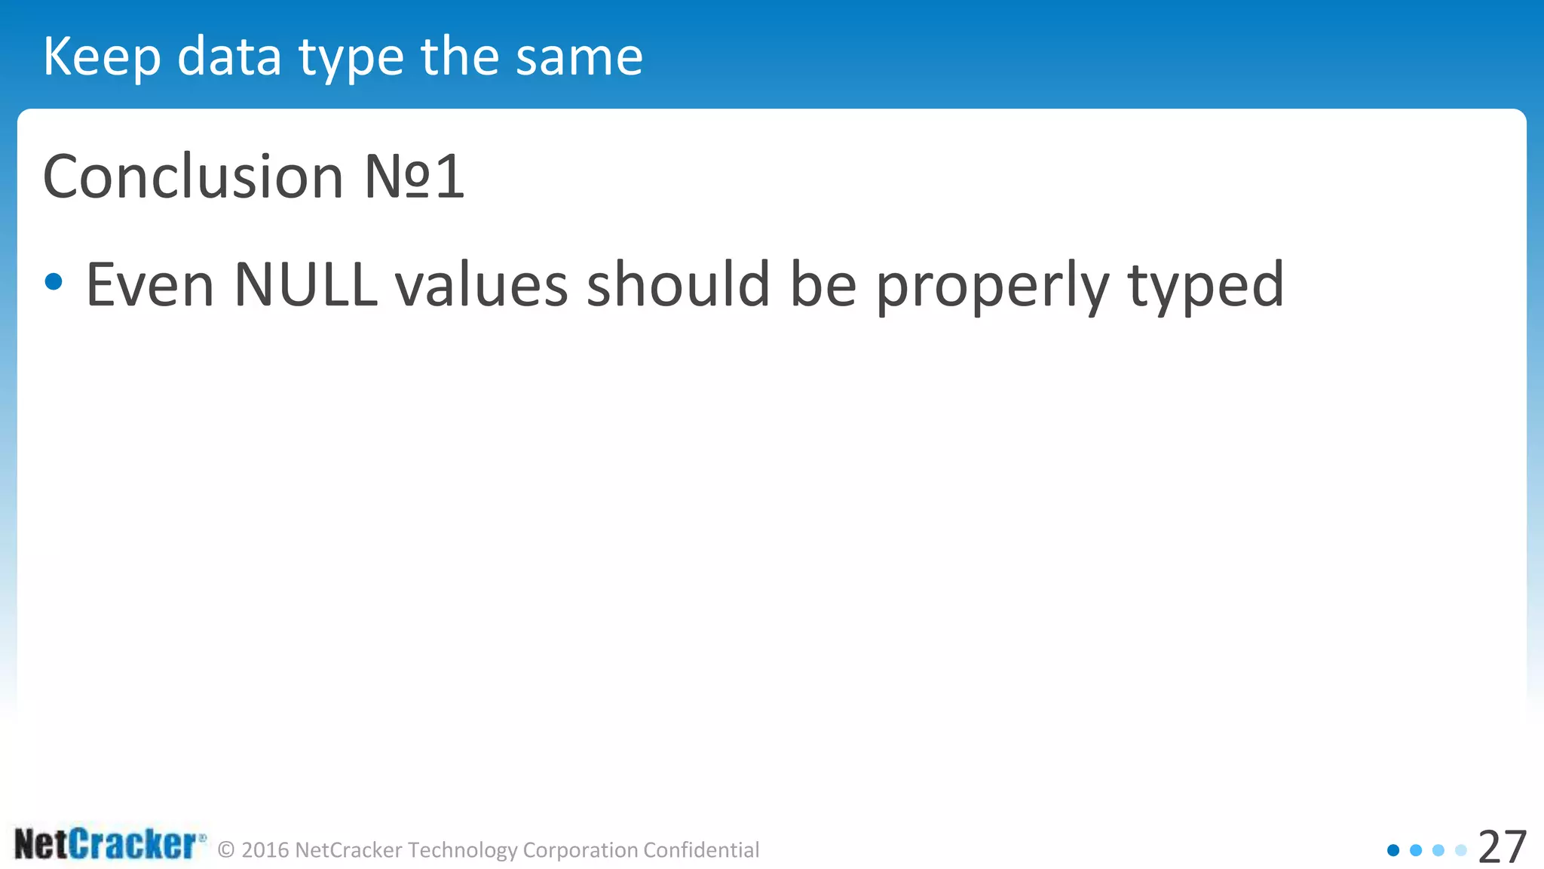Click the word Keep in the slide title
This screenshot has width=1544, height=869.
pyautogui.click(x=102, y=57)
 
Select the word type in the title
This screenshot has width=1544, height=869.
pyautogui.click(x=351, y=59)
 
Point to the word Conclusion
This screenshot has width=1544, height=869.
pyautogui.click(x=193, y=177)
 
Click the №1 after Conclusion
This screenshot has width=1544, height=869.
pyautogui.click(x=414, y=177)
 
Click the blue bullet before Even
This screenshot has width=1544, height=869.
pyautogui.click(x=54, y=282)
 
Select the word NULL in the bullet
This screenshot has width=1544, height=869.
pyautogui.click(x=305, y=284)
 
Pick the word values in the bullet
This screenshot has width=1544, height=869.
pyautogui.click(x=481, y=284)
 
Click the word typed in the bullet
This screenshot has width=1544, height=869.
pyautogui.click(x=1205, y=287)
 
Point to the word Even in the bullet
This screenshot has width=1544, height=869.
pyautogui.click(x=150, y=284)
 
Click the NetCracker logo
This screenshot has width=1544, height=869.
pyautogui.click(x=109, y=844)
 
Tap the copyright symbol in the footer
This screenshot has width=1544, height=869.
pyautogui.click(x=226, y=850)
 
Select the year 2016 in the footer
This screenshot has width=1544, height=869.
pyautogui.click(x=265, y=850)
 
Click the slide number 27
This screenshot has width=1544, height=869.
pyautogui.click(x=1503, y=847)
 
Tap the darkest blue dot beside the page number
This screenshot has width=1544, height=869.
pyautogui.click(x=1393, y=850)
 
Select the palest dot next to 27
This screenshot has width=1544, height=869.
pyautogui.click(x=1461, y=850)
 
